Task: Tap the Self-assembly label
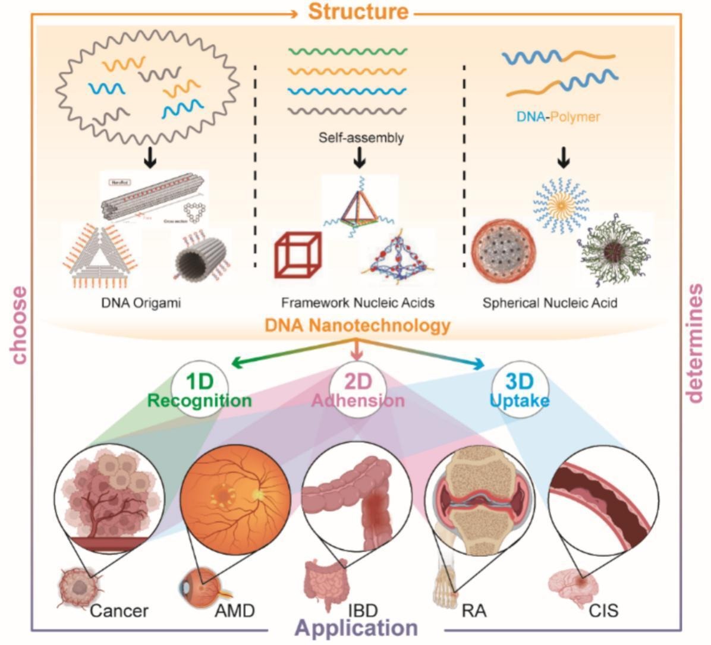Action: pyautogui.click(x=361, y=138)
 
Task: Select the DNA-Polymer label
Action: pyautogui.click(x=558, y=117)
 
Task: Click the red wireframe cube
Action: pyautogui.click(x=298, y=255)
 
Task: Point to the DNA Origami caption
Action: pyautogui.click(x=140, y=303)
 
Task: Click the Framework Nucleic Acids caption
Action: pyautogui.click(x=358, y=303)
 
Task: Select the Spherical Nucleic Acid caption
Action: pyautogui.click(x=550, y=303)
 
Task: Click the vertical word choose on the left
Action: pyautogui.click(x=19, y=325)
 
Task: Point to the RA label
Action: pyautogui.click(x=473, y=611)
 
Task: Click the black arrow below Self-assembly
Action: pyautogui.click(x=360, y=159)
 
